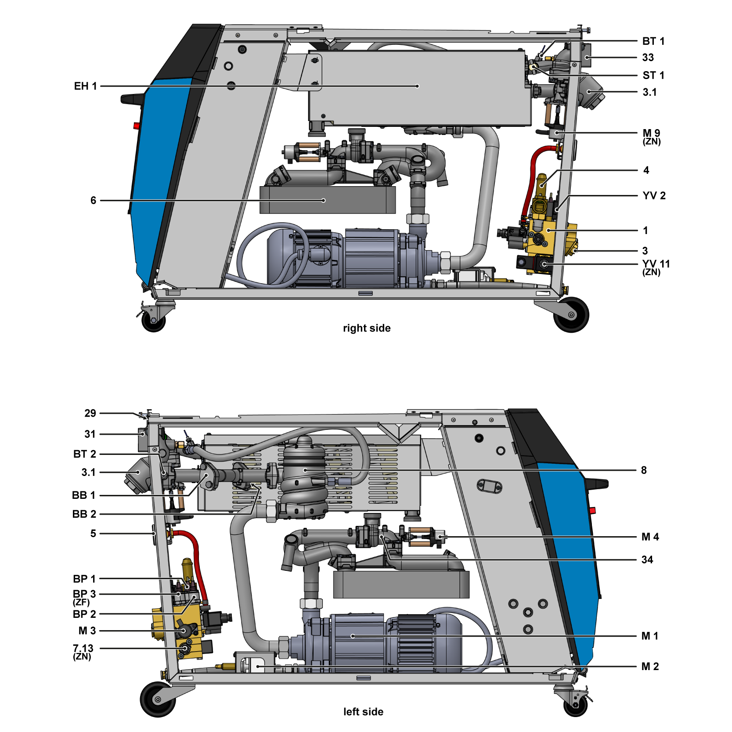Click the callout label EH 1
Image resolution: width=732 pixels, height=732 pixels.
pos(85,86)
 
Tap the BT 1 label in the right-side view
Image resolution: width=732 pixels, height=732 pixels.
pos(653,41)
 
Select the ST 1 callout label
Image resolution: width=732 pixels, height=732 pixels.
pos(653,76)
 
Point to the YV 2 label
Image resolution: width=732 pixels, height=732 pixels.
pos(654,196)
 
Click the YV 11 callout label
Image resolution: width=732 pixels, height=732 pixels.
pos(656,264)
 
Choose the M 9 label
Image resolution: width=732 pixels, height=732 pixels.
pos(652,133)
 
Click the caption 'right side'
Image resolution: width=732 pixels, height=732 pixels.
pos(367,328)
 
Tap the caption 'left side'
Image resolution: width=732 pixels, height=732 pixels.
pos(363,712)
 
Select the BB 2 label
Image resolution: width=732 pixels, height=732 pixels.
pos(84,514)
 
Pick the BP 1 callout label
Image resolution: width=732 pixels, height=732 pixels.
pos(84,579)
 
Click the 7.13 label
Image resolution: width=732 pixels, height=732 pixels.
pos(83,648)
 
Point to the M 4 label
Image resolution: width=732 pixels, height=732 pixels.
pos(650,537)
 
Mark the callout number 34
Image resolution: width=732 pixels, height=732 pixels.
pos(647,560)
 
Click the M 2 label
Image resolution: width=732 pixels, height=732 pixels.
pos(650,667)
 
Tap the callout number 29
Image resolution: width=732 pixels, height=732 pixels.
pos(90,413)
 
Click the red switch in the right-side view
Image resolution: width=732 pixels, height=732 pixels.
pos(137,126)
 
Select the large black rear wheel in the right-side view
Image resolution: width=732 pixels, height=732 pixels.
pos(571,314)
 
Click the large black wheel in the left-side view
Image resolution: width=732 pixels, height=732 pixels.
pos(158,699)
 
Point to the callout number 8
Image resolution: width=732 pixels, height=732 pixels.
pos(644,470)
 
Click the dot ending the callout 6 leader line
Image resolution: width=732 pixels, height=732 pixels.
pos(324,201)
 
